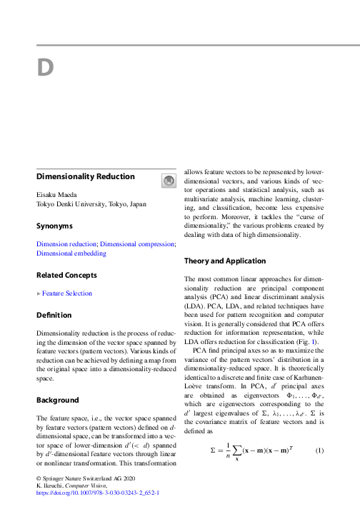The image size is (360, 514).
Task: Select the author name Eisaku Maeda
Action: click(x=58, y=193)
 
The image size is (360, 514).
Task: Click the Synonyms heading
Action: click(x=54, y=226)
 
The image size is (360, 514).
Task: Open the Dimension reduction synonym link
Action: click(x=66, y=243)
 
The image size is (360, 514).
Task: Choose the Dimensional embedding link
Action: click(x=71, y=253)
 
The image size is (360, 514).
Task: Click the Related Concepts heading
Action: click(x=67, y=275)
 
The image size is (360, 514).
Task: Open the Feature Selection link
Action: click(x=66, y=293)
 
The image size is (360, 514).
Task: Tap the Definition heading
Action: click(x=54, y=315)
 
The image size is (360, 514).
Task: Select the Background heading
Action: click(x=57, y=400)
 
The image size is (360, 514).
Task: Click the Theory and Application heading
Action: click(x=225, y=261)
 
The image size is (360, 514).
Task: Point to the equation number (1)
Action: click(x=319, y=450)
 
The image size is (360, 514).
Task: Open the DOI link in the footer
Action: click(x=97, y=493)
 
